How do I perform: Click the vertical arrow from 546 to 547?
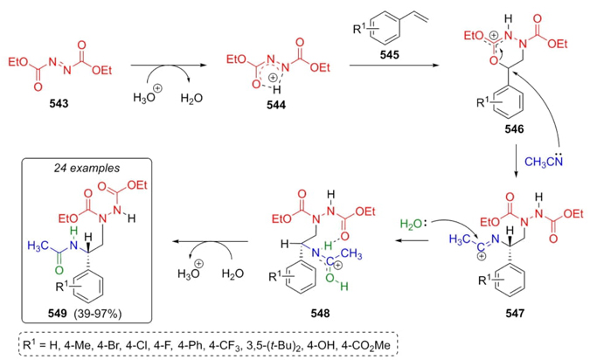click(x=517, y=161)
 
